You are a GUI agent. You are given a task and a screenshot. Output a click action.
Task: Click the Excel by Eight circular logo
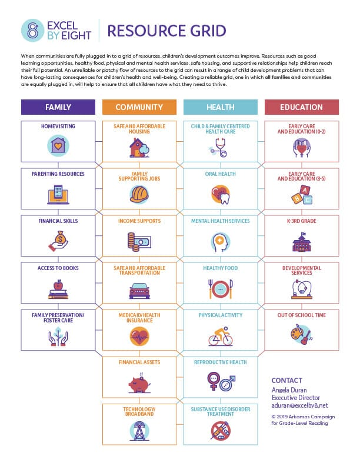32,31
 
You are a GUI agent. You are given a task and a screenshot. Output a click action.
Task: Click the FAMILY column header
58,107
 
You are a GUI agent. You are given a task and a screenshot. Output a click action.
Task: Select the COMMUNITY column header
139,107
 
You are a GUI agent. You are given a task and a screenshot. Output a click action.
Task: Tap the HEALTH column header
221,107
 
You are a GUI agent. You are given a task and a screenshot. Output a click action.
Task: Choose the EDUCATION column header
302,107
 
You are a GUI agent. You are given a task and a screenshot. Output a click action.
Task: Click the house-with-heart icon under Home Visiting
58,145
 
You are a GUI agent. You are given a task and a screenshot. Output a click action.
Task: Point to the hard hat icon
139,193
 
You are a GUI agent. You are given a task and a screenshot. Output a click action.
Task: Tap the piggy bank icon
139,383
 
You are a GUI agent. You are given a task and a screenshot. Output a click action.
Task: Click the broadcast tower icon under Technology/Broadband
139,431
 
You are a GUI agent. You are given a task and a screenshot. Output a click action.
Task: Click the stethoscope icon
221,147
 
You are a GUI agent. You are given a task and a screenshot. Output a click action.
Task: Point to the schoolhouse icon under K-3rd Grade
302,241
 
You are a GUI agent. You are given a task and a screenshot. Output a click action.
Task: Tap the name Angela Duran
289,390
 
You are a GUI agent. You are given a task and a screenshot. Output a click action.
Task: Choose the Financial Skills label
58,221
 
